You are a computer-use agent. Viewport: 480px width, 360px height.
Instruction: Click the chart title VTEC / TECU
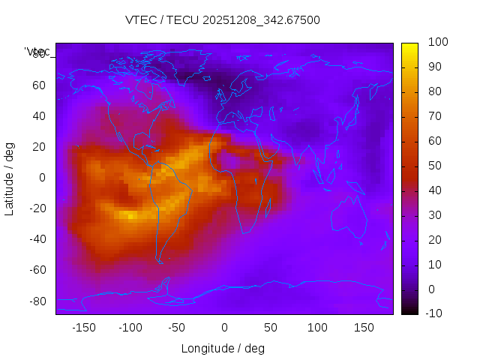point(223,20)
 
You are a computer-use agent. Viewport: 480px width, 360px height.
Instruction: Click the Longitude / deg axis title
point(223,348)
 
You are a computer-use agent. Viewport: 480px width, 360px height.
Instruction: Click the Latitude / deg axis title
point(10,178)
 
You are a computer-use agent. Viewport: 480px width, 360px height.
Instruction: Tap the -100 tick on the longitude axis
point(130,328)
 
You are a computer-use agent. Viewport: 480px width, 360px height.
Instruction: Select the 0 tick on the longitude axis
point(224,328)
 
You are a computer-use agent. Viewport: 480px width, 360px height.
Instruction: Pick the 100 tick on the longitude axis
point(318,328)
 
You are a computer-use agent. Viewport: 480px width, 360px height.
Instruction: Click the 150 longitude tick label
point(364,328)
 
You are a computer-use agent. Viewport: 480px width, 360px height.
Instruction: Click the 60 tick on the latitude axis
point(39,85)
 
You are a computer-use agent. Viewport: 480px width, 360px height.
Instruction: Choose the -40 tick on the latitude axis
point(37,239)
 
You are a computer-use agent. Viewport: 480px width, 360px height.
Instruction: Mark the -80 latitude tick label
point(37,301)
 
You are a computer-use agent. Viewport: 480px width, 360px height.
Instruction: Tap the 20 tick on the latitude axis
point(39,146)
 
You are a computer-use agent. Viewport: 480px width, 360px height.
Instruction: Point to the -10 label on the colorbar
point(433,313)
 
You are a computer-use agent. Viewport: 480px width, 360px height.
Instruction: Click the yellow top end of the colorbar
point(409,46)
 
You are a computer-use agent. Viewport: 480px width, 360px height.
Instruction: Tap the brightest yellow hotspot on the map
point(131,216)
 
